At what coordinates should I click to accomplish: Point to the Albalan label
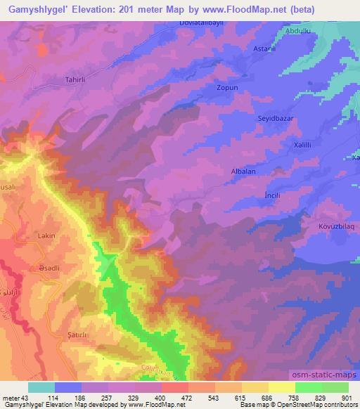click(243, 171)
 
